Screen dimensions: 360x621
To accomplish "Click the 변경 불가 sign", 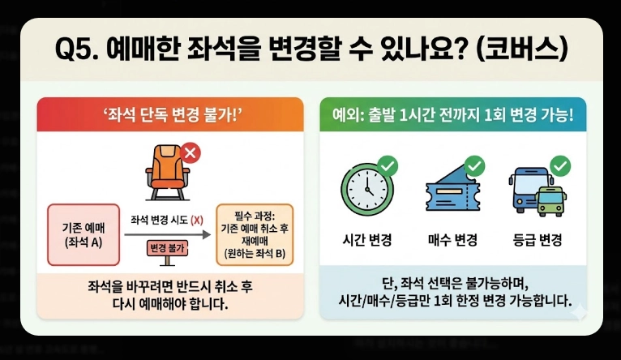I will (x=168, y=247).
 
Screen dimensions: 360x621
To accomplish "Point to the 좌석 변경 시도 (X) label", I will (x=167, y=220).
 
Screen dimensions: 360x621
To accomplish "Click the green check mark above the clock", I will (x=388, y=167).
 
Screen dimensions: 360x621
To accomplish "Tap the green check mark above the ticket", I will (x=475, y=167).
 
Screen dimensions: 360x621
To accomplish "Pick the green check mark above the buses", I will (x=559, y=167).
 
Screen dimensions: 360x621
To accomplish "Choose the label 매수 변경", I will (x=452, y=240).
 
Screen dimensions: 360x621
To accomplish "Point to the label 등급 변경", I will (x=538, y=240).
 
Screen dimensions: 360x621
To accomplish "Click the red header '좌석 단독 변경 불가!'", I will (x=170, y=113).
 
